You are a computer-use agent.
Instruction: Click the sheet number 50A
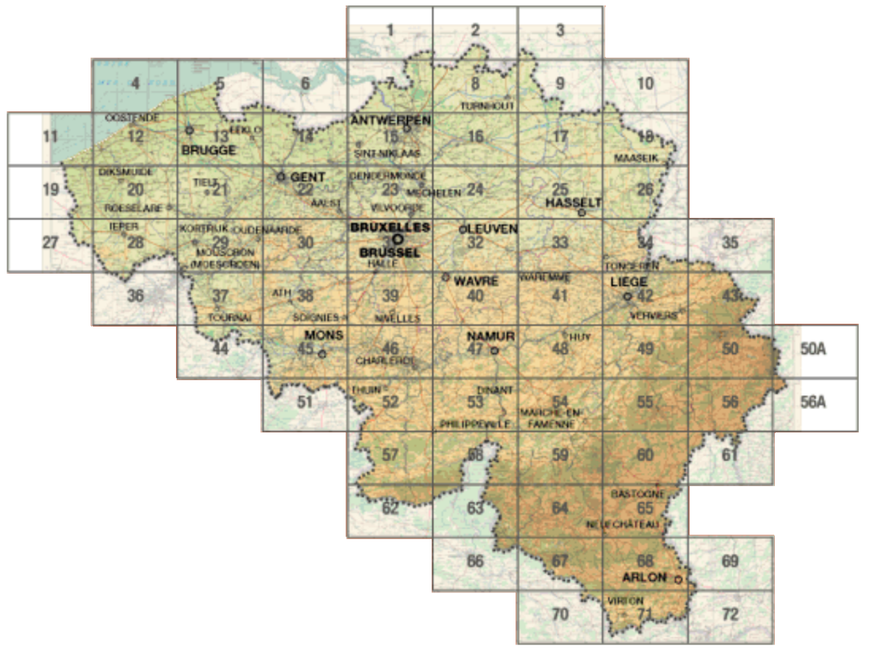(x=813, y=348)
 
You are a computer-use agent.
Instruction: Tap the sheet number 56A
(x=813, y=402)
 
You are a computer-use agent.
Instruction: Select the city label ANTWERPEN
(x=390, y=119)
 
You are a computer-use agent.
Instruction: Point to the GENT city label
(x=308, y=177)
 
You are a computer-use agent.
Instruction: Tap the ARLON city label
(x=644, y=577)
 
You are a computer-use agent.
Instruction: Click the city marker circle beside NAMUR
(x=495, y=350)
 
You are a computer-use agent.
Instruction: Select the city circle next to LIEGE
(x=627, y=296)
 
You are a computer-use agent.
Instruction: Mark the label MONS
(x=324, y=335)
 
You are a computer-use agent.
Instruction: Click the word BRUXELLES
(x=390, y=227)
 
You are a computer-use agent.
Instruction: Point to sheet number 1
(x=390, y=30)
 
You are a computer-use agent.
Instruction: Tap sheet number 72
(x=730, y=615)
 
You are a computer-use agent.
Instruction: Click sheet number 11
(x=50, y=136)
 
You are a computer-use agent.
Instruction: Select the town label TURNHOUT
(x=488, y=106)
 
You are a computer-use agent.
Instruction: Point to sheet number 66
(x=475, y=561)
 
